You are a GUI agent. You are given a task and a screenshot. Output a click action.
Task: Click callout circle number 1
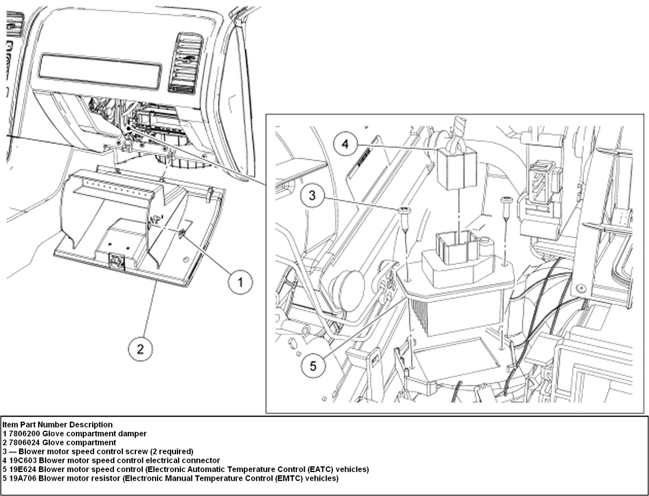240,282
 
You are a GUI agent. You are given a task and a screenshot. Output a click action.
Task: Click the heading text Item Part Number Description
57,424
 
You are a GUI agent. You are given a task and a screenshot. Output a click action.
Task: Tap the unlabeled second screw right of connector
506,200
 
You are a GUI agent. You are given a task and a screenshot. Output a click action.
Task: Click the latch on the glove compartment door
116,260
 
